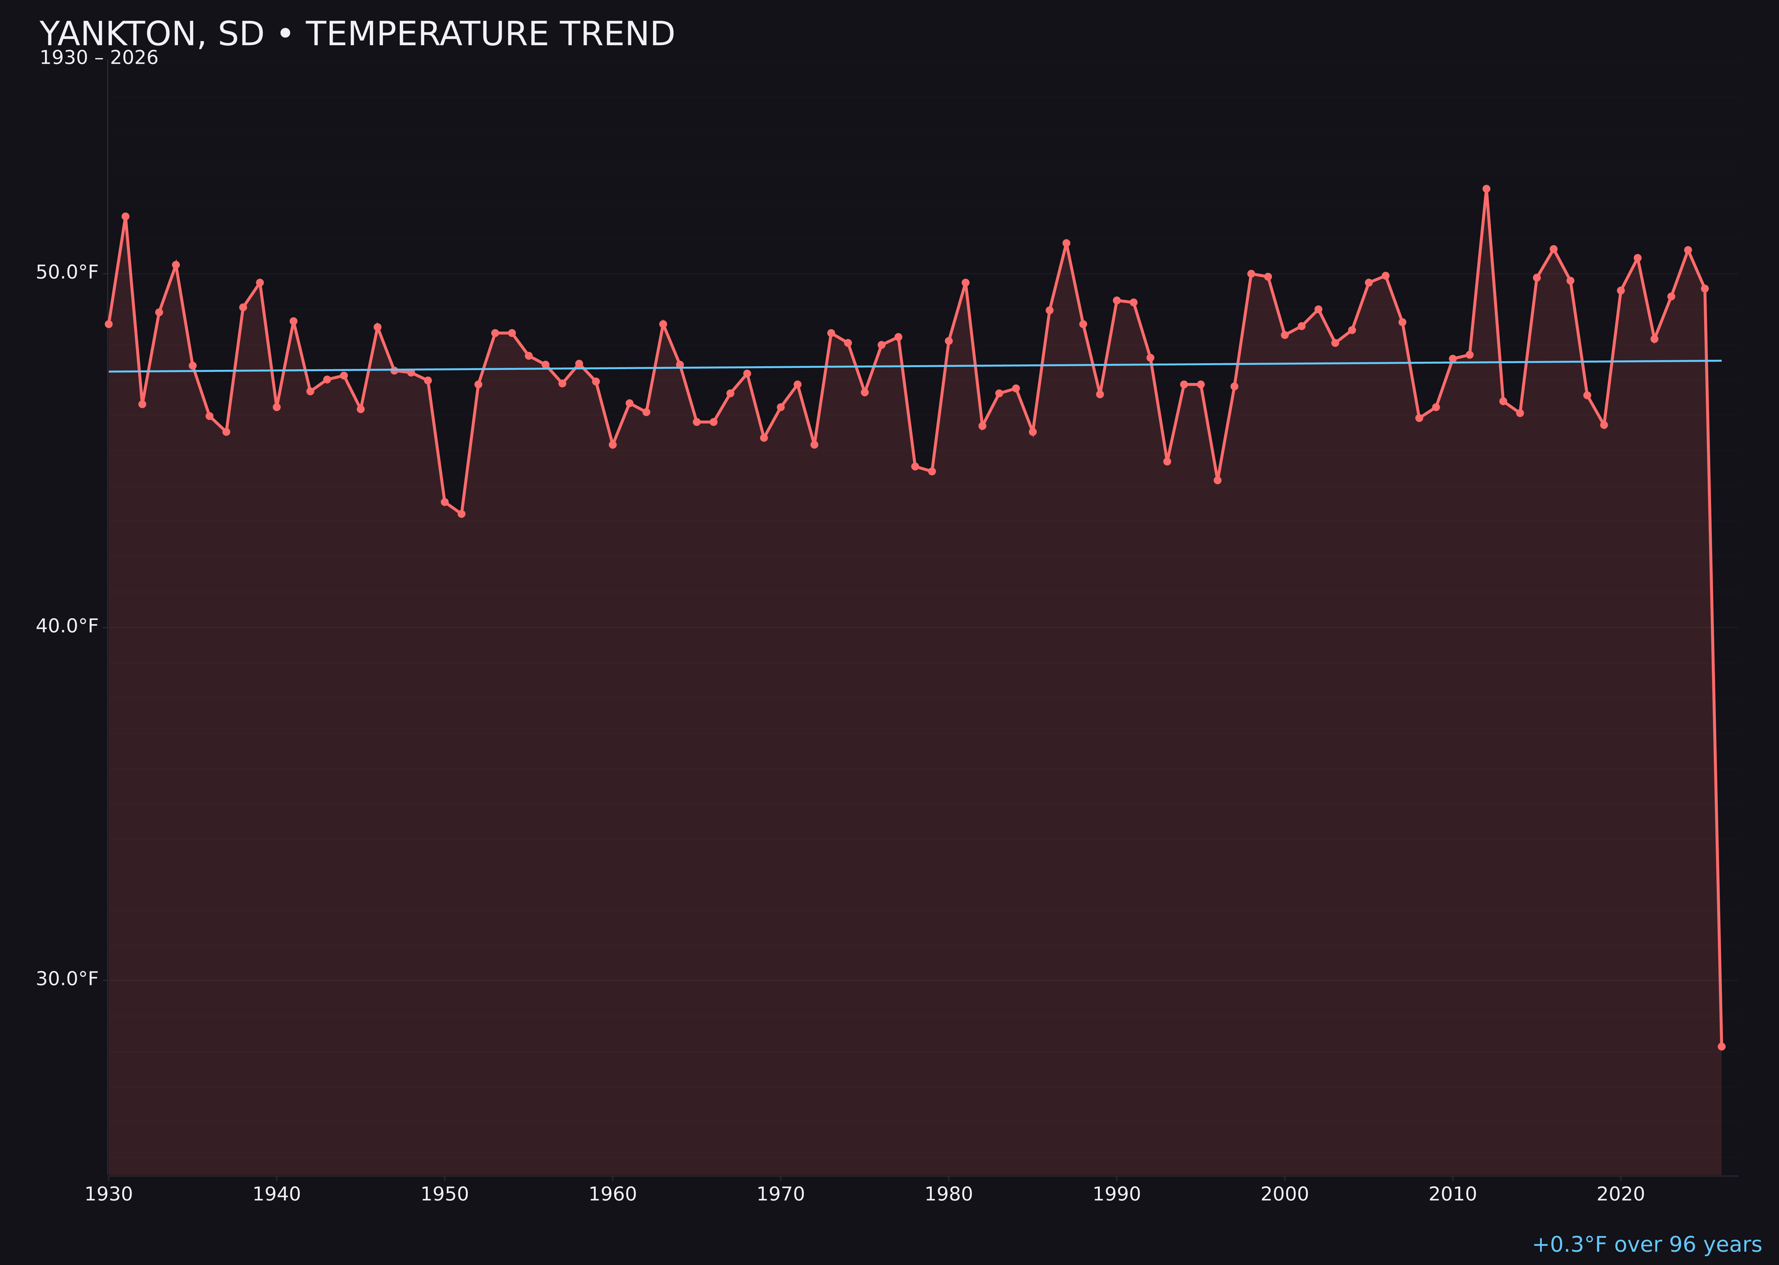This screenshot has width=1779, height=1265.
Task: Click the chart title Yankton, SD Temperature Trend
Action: (357, 34)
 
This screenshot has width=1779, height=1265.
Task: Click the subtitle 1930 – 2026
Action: (99, 58)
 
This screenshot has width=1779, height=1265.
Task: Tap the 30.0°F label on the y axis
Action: (67, 979)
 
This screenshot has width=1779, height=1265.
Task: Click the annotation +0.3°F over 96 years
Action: (1646, 1245)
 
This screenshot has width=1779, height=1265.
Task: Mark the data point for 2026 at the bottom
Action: (1721, 1046)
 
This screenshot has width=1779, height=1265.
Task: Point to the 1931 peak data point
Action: (125, 217)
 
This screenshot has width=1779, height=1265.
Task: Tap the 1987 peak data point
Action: (1067, 243)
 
